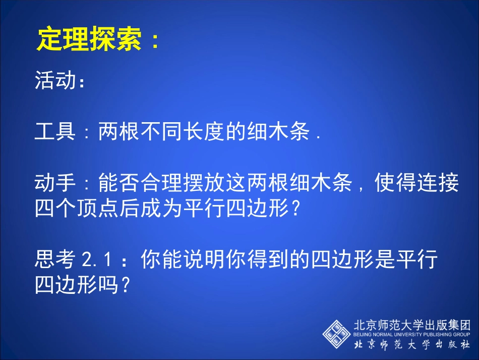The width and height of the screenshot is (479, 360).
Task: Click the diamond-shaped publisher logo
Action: click(337, 333)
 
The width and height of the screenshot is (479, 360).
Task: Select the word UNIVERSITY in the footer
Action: click(405, 334)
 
